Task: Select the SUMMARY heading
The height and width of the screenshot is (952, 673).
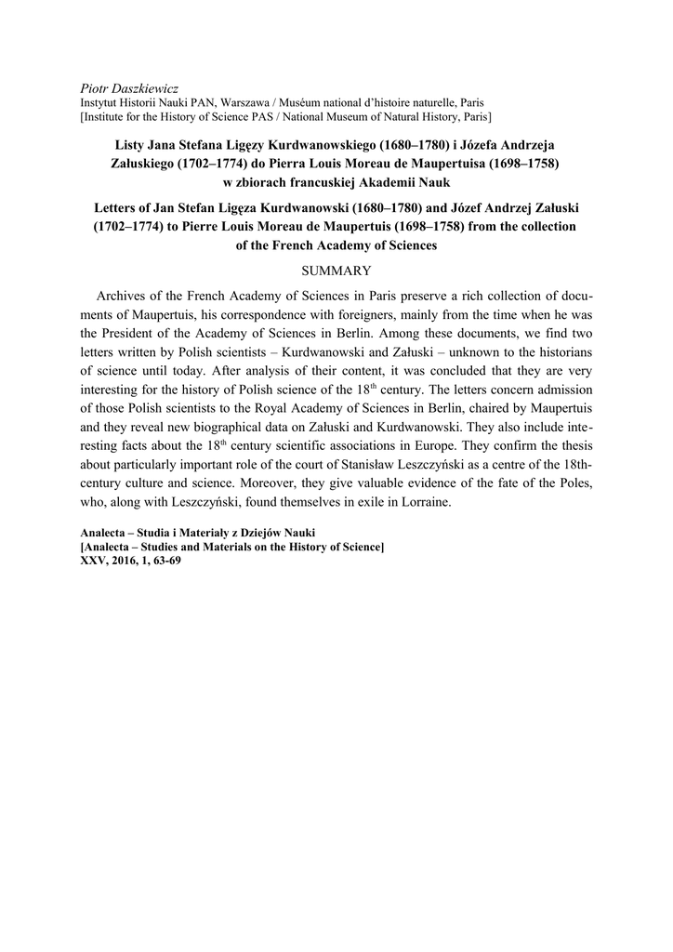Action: point(336,271)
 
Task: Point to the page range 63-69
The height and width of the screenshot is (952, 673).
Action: point(164,562)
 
